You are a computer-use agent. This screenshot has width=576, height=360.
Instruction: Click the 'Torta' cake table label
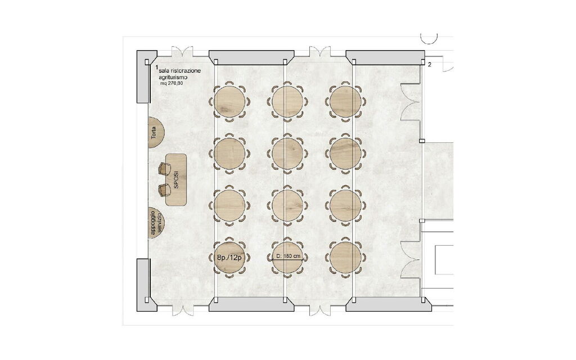click(154, 133)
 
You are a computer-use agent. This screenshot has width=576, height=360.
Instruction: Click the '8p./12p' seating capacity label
click(229, 258)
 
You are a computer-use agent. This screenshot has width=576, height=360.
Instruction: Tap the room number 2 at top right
click(429, 65)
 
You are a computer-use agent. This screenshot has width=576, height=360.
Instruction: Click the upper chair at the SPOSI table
click(165, 167)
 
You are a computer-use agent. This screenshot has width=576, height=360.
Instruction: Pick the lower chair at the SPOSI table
click(164, 188)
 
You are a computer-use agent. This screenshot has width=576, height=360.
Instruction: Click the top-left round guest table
click(230, 101)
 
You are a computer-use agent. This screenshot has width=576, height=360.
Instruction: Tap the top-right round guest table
click(345, 101)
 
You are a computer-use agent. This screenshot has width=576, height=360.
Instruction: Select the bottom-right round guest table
click(345, 256)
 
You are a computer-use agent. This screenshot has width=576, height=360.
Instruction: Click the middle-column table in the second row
click(288, 152)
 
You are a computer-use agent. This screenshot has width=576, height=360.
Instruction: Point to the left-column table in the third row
click(230, 205)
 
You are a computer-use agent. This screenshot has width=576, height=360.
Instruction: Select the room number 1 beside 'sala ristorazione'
click(156, 67)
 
